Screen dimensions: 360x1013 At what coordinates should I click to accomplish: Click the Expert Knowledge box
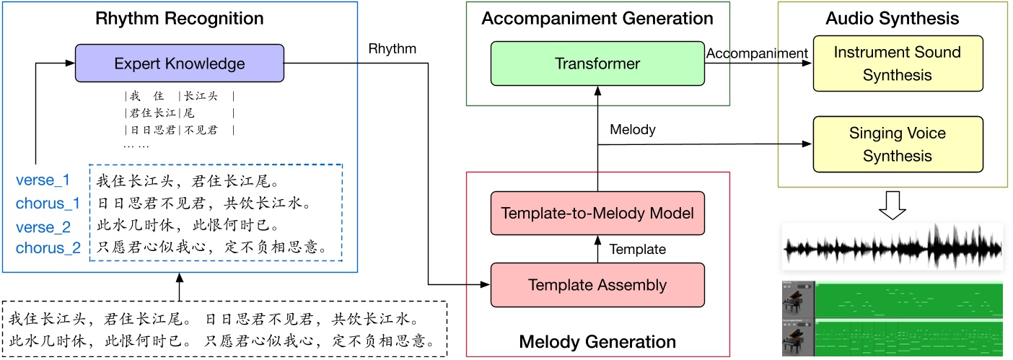180,63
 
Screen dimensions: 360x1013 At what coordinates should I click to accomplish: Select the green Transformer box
597,63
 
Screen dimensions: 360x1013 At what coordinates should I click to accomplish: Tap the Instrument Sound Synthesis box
897,63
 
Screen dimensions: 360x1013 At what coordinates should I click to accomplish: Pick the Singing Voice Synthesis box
897,144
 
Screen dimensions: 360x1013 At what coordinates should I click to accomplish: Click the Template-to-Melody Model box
597,213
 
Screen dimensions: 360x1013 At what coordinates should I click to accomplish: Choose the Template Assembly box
597,284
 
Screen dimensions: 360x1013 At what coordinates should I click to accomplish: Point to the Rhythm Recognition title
180,17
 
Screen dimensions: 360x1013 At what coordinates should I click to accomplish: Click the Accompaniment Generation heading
597,18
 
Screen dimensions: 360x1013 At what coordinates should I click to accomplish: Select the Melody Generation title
597,341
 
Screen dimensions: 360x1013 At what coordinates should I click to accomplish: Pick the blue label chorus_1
48,203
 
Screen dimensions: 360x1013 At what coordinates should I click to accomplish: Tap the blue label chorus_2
48,250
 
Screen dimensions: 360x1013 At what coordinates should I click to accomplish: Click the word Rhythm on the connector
393,49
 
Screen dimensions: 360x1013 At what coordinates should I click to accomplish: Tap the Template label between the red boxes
638,250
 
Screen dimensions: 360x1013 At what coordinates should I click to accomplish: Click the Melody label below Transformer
633,130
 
